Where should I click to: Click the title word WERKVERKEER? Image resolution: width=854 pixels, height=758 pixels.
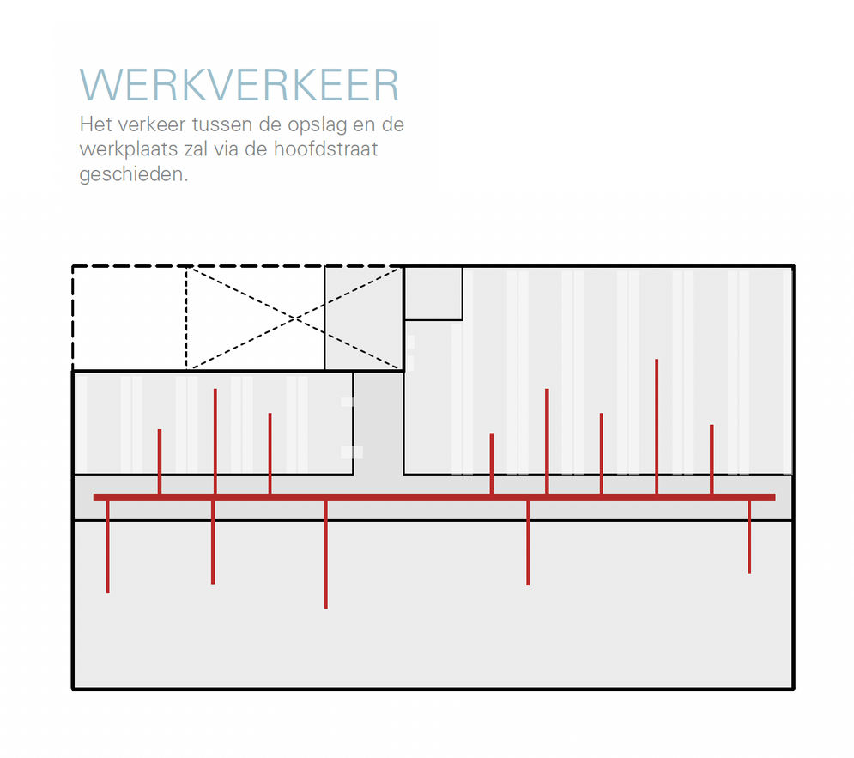[x=239, y=85]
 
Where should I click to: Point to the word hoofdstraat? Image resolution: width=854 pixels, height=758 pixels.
[x=325, y=149]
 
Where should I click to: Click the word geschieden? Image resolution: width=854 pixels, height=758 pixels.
[x=133, y=175]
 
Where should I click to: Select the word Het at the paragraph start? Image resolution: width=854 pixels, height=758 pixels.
[x=96, y=124]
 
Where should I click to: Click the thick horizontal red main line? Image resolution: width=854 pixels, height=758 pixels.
[x=434, y=497]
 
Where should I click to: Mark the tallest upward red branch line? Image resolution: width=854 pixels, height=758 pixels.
[x=657, y=427]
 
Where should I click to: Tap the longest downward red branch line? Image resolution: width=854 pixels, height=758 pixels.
[x=325, y=555]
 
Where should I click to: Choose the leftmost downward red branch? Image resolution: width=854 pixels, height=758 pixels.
[x=108, y=547]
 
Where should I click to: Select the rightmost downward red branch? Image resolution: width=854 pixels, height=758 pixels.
[x=749, y=537]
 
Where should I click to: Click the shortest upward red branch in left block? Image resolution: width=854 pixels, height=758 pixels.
[x=160, y=461]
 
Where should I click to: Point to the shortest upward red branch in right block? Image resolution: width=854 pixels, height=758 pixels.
[x=492, y=464]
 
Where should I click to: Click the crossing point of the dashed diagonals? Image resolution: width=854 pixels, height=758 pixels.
[x=294, y=318]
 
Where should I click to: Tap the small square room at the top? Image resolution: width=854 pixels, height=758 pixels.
[x=433, y=293]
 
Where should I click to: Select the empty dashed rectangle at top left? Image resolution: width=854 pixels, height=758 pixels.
[x=130, y=318]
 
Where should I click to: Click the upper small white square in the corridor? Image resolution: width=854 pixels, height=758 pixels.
[x=348, y=402]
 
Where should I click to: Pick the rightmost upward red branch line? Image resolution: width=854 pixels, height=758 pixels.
[x=712, y=459]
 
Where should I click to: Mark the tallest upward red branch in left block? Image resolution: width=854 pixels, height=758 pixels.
[x=215, y=441]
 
